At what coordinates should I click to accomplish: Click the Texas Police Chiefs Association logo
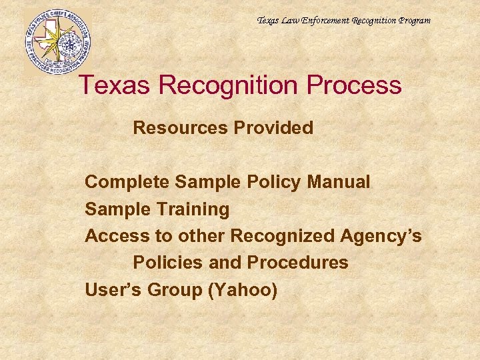coord(57,41)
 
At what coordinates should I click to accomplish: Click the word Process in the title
coord(357,85)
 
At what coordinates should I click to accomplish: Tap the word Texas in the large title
coord(115,85)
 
